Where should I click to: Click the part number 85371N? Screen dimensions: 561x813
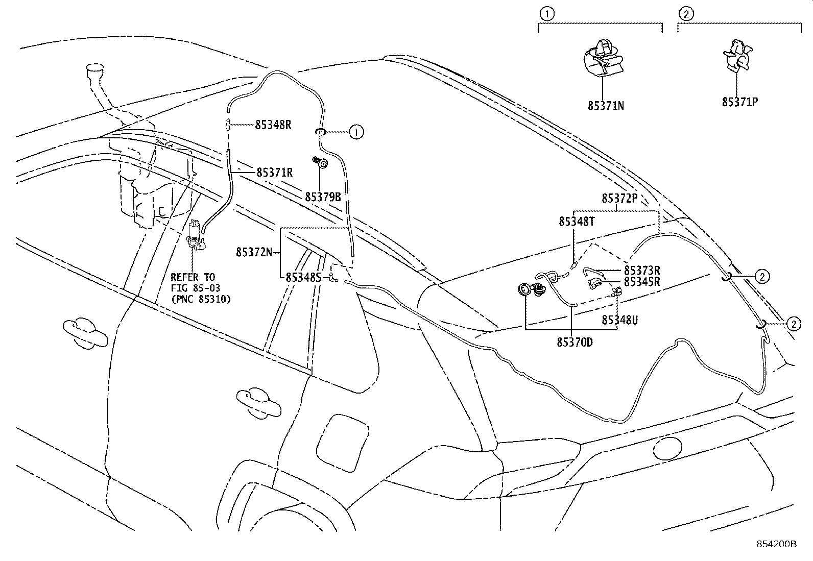pyautogui.click(x=605, y=106)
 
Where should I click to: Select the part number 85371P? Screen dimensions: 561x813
pyautogui.click(x=739, y=102)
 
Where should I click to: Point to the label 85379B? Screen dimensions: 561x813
pyautogui.click(x=323, y=197)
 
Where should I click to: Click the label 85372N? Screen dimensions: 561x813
pyautogui.click(x=253, y=252)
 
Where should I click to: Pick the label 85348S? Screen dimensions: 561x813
pyautogui.click(x=303, y=277)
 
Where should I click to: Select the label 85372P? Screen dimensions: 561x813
pyautogui.click(x=619, y=199)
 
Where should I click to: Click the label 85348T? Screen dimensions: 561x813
pyautogui.click(x=577, y=222)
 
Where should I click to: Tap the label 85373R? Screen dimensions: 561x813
pyautogui.click(x=642, y=271)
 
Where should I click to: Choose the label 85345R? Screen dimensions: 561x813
pyautogui.click(x=642, y=282)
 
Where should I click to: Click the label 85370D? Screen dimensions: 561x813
pyautogui.click(x=575, y=342)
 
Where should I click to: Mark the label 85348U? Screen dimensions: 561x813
pyautogui.click(x=619, y=320)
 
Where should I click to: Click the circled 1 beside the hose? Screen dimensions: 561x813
pyautogui.click(x=356, y=132)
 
